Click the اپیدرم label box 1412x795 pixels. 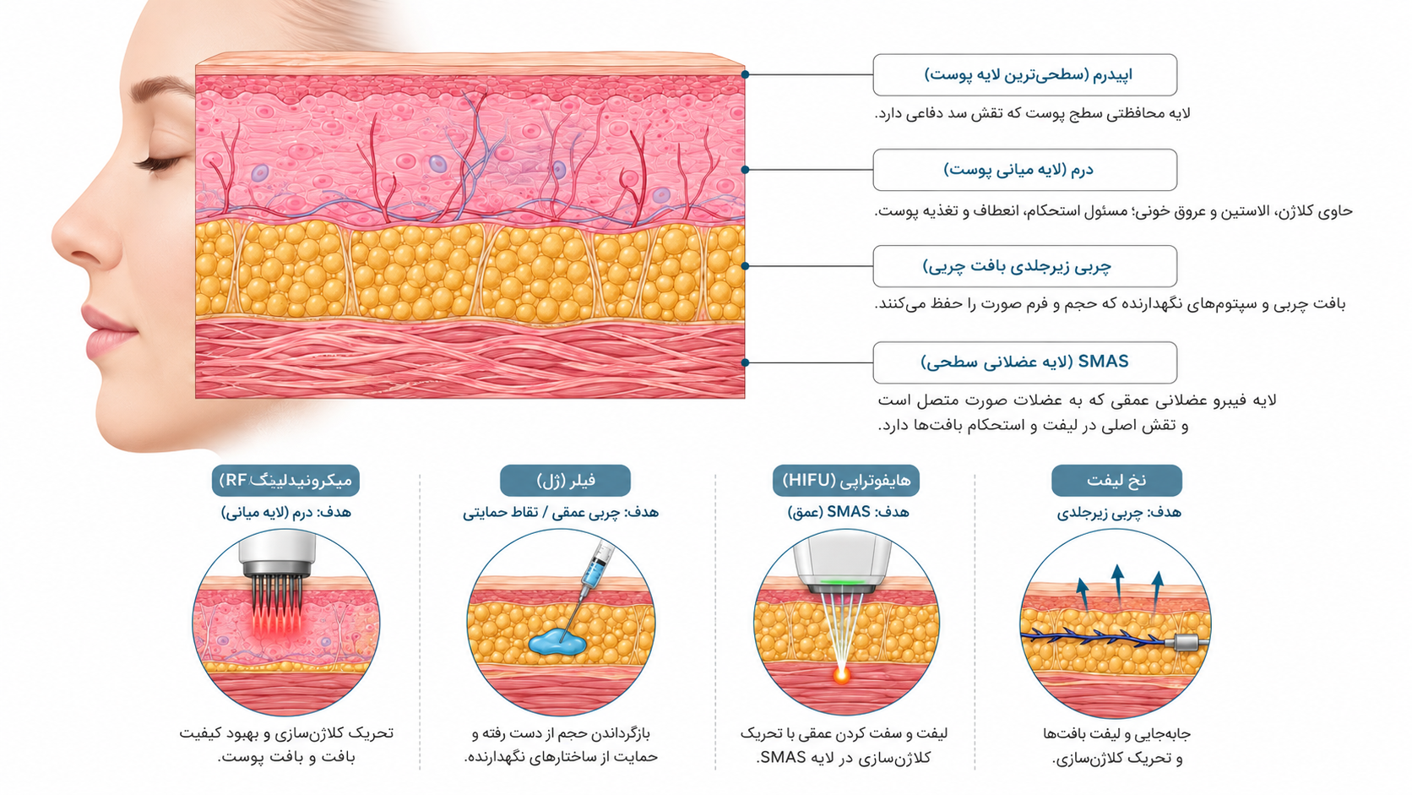[1024, 74]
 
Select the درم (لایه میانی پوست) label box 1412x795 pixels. [1024, 170]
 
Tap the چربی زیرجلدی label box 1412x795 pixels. [1024, 266]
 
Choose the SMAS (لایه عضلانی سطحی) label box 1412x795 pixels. [1024, 362]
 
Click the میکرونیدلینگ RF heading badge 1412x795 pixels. [285, 481]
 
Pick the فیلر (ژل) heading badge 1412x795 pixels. [565, 481]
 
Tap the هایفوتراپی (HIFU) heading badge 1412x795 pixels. [846, 481]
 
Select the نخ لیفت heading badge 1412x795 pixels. [1116, 481]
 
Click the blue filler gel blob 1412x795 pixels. [557, 642]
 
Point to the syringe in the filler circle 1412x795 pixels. [590, 580]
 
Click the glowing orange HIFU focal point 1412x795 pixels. [841, 675]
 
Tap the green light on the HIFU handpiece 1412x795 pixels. [841, 581]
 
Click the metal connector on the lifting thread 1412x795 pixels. [1187, 642]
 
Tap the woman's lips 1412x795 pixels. [107, 334]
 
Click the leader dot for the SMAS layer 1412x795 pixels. [745, 362]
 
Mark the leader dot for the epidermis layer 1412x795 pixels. [745, 74]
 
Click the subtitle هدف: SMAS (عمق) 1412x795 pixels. [849, 513]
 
